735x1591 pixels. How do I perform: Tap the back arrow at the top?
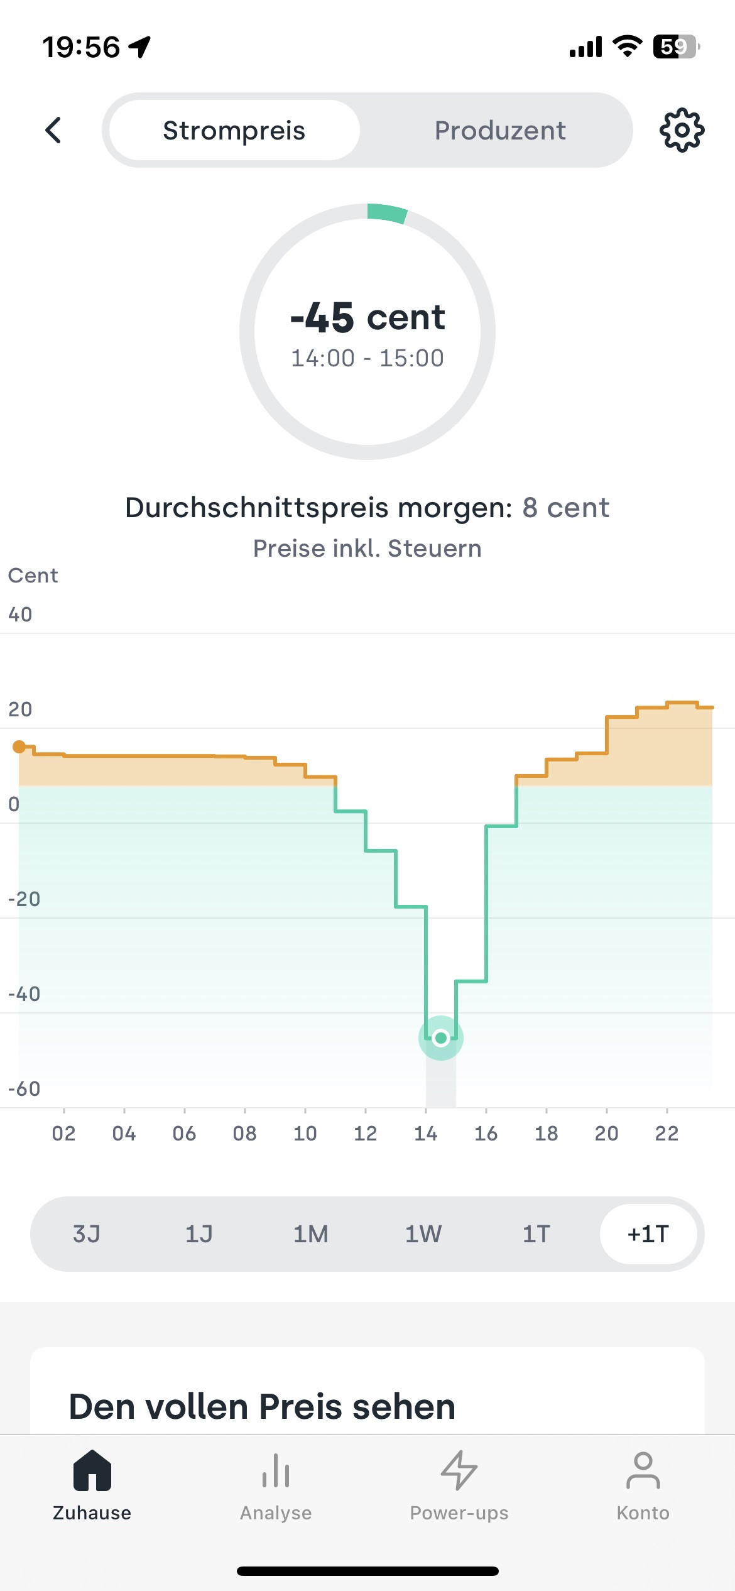tap(53, 131)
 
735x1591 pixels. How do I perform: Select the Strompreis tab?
tap(234, 131)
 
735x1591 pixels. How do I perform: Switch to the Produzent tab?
tap(500, 131)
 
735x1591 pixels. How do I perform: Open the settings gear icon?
tap(682, 131)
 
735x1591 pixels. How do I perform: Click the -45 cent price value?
tap(367, 317)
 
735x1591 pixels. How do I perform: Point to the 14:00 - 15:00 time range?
tap(367, 358)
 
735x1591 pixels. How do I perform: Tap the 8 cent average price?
tap(565, 508)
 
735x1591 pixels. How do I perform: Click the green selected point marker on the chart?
tap(441, 1038)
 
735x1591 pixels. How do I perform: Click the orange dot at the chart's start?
tap(19, 746)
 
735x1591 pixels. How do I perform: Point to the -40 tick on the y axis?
tap(24, 994)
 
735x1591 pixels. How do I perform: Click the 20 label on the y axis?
tap(20, 709)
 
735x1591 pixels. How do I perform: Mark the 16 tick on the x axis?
tap(486, 1134)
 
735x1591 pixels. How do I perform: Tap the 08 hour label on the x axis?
tap(244, 1134)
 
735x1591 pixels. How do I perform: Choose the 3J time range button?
tap(87, 1234)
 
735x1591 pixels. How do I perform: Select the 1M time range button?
tap(311, 1234)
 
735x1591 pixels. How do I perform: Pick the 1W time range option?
tap(423, 1234)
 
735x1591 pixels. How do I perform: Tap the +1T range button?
tap(648, 1234)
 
